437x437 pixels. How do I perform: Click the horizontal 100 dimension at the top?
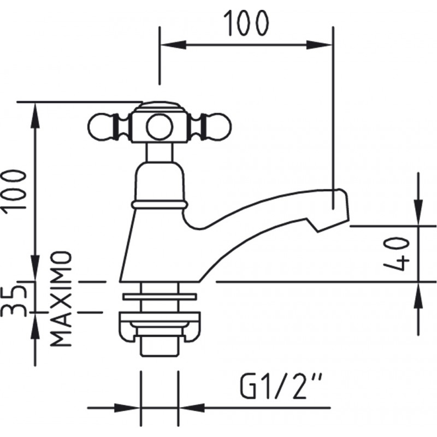tap(246, 23)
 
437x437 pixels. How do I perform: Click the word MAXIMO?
tap(61, 299)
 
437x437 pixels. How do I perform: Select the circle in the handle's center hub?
tap(160, 127)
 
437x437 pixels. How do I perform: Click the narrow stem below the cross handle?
tap(160, 153)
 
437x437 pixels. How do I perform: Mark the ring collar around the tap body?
tap(160, 205)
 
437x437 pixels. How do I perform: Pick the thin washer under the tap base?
tap(160, 297)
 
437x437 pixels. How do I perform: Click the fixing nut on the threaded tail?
tap(160, 326)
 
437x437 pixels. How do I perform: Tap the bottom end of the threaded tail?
tap(160, 356)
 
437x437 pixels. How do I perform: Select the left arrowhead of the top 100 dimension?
tap(174, 45)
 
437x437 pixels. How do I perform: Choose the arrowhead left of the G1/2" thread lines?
tap(127, 408)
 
